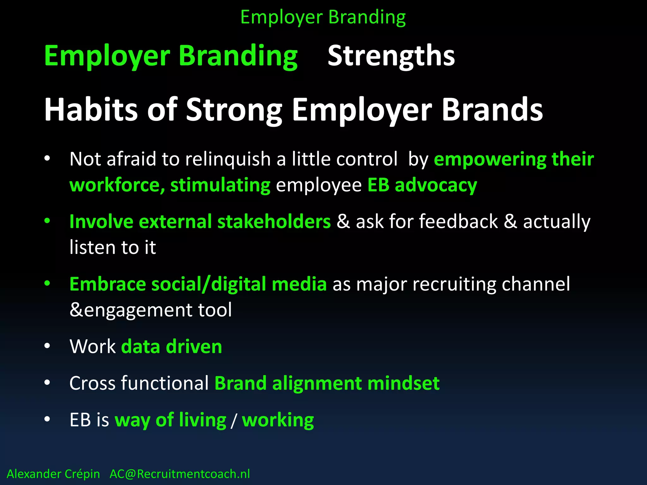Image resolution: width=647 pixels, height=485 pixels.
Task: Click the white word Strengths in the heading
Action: click(391, 56)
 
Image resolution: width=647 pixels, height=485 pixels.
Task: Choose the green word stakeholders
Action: click(274, 221)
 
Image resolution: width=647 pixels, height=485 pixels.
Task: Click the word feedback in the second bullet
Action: click(458, 221)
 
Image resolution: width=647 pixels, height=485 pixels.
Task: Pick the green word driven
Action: click(194, 346)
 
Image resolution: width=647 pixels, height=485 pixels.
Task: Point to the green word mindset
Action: click(403, 383)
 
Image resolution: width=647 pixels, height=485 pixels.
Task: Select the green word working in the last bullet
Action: click(278, 420)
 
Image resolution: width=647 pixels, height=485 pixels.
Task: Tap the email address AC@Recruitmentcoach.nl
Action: click(179, 474)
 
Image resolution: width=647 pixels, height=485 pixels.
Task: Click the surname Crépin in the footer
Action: click(82, 474)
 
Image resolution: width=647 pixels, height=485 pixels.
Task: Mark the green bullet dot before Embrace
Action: click(47, 283)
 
